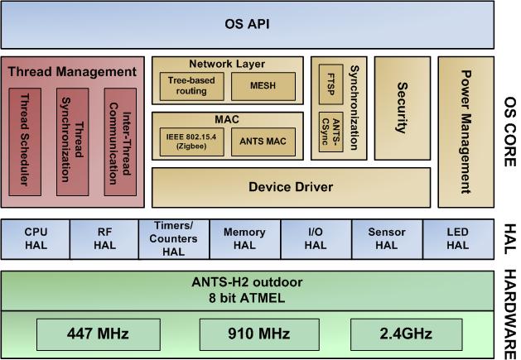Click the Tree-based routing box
[x=190, y=85]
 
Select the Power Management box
[x=466, y=131]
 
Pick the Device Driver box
[x=291, y=187]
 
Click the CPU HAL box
[x=36, y=239]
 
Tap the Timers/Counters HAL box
[x=174, y=239]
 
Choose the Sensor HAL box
[x=386, y=239]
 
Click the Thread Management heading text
[x=72, y=72]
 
